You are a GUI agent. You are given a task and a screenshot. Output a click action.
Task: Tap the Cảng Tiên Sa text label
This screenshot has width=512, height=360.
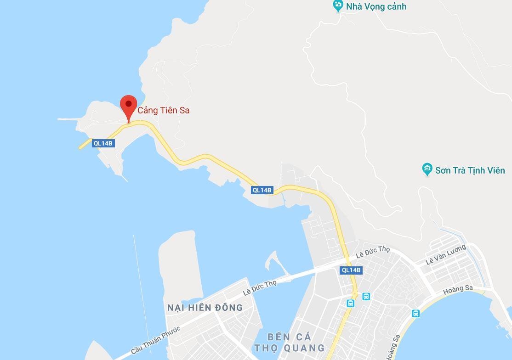coord(164,111)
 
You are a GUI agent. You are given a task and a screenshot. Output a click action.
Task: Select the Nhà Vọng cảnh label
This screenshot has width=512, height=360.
coord(376,7)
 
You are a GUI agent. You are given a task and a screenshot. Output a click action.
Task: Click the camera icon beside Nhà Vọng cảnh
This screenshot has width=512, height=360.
coord(338,6)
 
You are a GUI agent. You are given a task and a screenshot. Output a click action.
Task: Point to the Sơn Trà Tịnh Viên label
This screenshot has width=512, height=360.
coord(470,170)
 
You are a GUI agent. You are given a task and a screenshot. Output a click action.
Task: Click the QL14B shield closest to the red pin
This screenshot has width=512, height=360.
coord(103,143)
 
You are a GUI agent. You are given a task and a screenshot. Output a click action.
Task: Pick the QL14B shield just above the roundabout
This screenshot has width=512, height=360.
coord(352,270)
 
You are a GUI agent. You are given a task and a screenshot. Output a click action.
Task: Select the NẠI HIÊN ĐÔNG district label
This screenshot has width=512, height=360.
coord(205,308)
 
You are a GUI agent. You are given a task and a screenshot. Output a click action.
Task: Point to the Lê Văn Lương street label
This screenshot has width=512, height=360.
coord(446,254)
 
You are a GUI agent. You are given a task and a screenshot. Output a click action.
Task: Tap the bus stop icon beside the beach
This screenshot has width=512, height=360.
coord(415,314)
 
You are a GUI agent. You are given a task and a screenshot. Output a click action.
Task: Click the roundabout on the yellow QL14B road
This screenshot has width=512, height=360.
coord(354,293)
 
